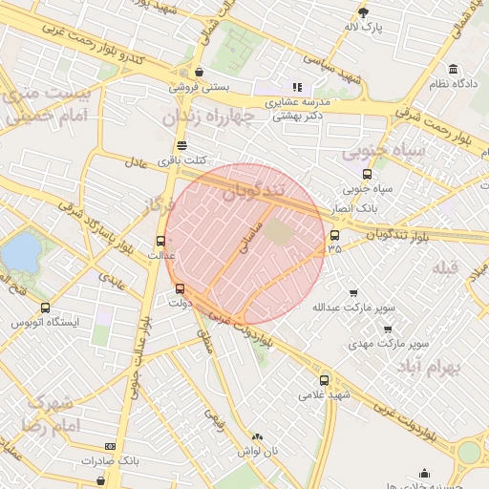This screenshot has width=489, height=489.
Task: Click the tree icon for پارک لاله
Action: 363,11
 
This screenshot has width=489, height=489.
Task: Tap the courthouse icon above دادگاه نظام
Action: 452,69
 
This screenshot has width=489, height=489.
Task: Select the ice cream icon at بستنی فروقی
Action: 199,72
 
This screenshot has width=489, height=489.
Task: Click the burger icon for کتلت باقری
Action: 181,145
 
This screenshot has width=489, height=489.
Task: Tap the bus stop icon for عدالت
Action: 160,241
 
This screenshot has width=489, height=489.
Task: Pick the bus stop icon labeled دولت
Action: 181,287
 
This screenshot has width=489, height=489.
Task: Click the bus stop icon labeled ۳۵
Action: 333,235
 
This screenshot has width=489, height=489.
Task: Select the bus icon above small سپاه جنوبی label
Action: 368,174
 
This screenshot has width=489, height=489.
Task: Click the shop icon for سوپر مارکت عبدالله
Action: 355,293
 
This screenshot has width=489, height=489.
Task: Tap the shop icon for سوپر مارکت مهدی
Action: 388,329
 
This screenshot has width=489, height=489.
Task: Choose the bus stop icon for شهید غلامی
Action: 325,379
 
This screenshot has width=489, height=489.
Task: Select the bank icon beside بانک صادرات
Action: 111,446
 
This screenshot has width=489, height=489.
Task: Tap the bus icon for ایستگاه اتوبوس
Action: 45,308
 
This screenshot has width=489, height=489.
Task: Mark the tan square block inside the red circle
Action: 278,231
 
